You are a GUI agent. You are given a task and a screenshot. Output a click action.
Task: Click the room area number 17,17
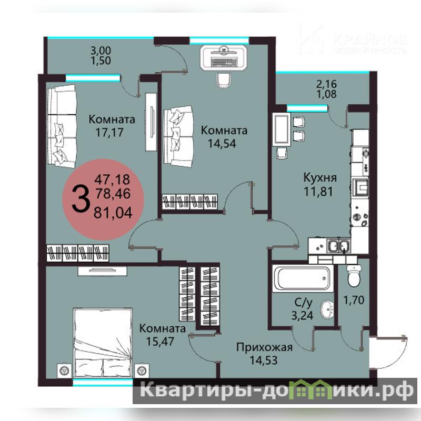tap(109, 133)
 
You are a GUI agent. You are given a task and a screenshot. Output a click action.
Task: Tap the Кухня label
tap(320, 178)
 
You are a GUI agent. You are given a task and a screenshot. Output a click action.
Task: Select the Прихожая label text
tap(264, 348)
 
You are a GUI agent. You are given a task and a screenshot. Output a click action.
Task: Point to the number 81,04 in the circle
tap(113, 213)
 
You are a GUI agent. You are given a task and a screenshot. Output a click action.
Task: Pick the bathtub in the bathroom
tap(303, 278)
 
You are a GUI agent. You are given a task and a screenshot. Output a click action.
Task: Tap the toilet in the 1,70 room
tap(354, 276)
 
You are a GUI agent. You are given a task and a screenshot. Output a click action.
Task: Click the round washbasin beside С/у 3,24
tap(327, 309)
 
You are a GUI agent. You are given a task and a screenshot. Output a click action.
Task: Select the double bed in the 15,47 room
tap(103, 343)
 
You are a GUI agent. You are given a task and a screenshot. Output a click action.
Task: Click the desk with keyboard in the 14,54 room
tap(223, 58)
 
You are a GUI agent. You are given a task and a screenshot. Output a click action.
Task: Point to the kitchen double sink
tap(338, 246)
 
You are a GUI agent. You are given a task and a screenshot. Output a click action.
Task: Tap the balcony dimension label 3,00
tap(101, 51)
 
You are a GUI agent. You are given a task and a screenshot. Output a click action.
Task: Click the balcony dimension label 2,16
tap(326, 84)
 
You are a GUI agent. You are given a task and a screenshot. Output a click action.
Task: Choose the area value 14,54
tap(222, 144)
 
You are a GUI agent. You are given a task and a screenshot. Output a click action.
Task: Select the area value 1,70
tap(354, 300)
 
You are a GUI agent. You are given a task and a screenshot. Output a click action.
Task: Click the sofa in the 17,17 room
tap(62, 126)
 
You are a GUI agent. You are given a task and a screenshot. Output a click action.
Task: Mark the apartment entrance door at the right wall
tap(387, 352)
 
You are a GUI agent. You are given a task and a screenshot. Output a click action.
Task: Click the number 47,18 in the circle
tap(112, 179)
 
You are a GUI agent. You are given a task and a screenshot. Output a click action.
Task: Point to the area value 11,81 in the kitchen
tap(318, 192)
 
